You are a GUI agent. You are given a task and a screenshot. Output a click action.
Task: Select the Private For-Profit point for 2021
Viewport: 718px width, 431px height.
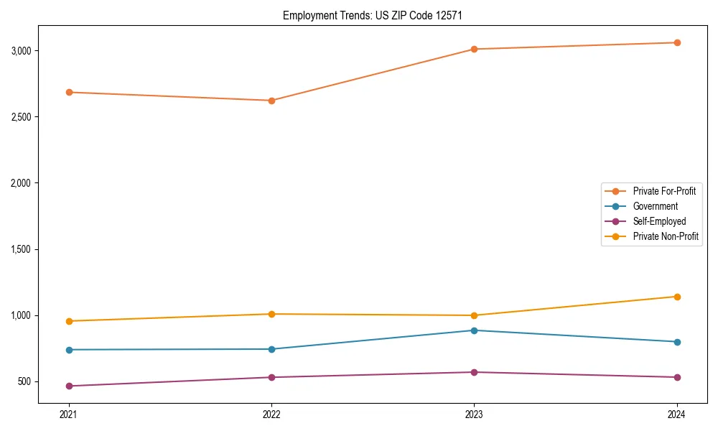pos(69,92)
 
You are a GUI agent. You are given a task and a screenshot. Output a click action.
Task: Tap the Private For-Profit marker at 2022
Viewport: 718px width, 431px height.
pos(271,101)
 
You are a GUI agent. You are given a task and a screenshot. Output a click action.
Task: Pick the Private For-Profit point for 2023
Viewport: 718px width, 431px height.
pos(474,49)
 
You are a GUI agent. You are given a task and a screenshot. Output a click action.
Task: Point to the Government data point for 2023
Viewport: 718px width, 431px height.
pos(474,330)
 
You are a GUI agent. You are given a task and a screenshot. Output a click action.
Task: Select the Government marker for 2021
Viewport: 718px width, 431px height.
pos(69,350)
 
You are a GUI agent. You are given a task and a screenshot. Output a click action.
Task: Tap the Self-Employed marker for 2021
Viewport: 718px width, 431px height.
pos(69,386)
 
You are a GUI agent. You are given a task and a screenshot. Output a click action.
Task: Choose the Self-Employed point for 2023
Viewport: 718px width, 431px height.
pos(474,372)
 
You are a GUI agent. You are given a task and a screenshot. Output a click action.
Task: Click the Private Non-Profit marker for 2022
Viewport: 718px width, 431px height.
pos(271,314)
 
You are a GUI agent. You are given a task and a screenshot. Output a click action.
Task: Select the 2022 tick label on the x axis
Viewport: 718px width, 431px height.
pos(271,414)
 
